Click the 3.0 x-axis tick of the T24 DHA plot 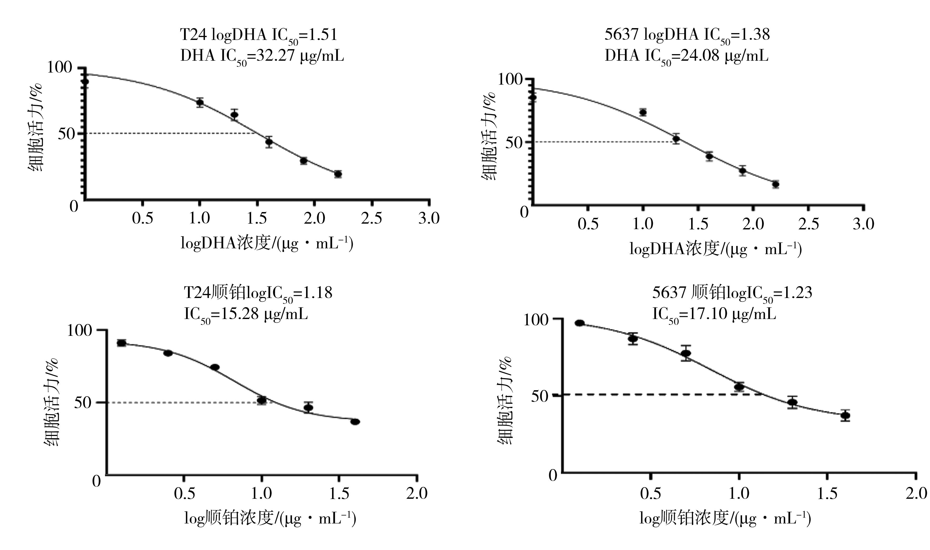(429, 218)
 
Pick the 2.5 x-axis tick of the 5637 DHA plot (808, 224)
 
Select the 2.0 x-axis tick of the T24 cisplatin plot (417, 493)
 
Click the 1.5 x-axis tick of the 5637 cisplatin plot (827, 493)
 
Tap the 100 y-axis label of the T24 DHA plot (59, 68)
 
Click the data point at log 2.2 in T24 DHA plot (338, 174)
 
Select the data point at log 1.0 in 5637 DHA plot (643, 112)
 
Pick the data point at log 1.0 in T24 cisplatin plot (262, 400)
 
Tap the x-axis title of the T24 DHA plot (267, 244)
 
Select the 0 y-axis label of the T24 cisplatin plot (96, 481)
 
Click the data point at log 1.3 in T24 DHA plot (234, 115)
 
